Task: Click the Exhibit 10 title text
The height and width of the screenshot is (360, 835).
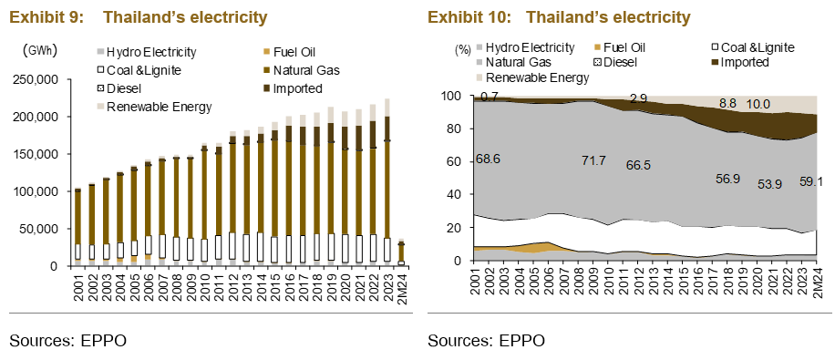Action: coord(559,17)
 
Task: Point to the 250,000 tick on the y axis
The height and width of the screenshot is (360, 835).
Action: coord(35,80)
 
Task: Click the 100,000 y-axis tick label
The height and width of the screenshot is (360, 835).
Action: coord(35,191)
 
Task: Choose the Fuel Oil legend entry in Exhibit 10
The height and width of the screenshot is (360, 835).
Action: coord(621,46)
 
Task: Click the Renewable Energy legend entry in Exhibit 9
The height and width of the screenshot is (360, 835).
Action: coord(159,107)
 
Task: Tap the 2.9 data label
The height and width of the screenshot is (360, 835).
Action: coord(639,98)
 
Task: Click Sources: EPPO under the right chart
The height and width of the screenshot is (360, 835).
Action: coord(486,342)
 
